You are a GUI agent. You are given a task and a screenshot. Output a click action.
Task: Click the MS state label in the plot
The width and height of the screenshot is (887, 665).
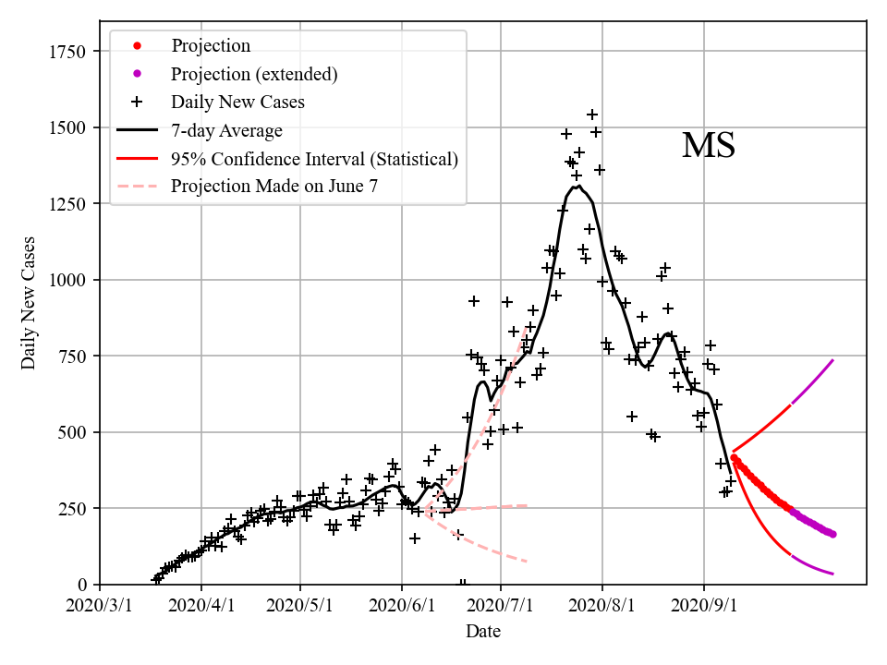click(x=709, y=146)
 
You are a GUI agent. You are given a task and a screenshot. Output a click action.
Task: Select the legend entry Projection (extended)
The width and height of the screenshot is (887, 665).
click(x=254, y=74)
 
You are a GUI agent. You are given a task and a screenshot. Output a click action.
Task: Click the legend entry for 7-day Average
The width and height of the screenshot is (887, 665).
click(x=226, y=130)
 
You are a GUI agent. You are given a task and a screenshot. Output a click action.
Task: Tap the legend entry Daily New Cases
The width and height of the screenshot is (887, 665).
click(x=237, y=102)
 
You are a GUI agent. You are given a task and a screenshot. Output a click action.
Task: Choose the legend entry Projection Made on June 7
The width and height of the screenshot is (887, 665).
click(x=274, y=187)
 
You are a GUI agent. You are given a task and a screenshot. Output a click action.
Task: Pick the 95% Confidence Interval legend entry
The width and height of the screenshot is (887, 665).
click(x=314, y=159)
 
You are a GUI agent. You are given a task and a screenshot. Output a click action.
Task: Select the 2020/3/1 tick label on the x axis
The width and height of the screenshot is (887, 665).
click(x=100, y=607)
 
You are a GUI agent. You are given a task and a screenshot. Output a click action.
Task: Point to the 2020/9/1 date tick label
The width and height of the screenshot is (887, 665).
click(x=704, y=607)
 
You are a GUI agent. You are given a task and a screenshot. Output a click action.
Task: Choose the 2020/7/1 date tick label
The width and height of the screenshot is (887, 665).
click(x=501, y=607)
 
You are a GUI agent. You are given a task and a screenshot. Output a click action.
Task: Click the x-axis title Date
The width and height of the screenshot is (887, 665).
click(x=483, y=632)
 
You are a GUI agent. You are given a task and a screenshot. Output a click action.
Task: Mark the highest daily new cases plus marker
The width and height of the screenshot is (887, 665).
click(x=592, y=115)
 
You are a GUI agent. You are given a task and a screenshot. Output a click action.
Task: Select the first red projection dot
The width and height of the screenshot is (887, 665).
click(x=734, y=457)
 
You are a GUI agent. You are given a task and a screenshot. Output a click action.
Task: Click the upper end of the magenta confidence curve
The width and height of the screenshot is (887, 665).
click(x=833, y=360)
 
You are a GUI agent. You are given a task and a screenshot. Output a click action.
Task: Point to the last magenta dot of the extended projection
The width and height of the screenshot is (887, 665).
click(x=832, y=534)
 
